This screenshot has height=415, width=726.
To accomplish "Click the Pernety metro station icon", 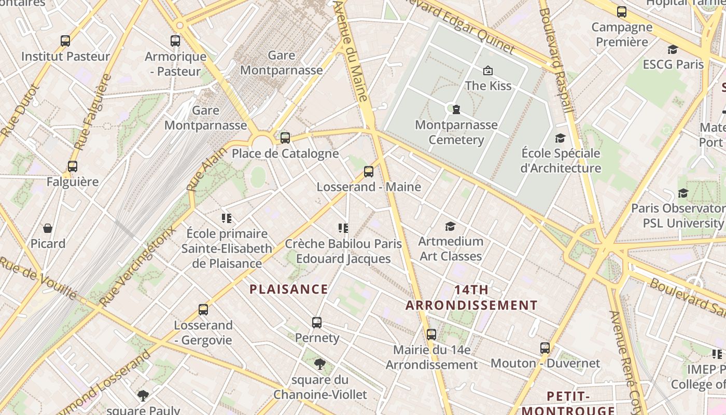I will pos(317,322).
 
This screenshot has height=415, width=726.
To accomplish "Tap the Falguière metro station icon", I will pos(73,167).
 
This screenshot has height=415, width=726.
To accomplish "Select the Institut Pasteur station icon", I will pos(65,40).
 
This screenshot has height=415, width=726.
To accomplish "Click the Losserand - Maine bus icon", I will pos(369,171).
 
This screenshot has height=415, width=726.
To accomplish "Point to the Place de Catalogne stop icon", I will pos(285,137).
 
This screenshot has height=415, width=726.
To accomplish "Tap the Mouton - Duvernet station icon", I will pos(545,348).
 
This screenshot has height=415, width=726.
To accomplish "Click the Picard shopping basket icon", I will pos(48,228).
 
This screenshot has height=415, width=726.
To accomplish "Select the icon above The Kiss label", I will pos(487,70).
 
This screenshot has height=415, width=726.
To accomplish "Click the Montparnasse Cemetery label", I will pos(456,132).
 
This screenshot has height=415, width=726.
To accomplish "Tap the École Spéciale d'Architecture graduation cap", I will pos(561,137).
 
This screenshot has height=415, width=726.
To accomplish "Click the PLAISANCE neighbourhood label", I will pos(289,289).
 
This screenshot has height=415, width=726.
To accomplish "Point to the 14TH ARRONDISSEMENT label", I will pos(471,297).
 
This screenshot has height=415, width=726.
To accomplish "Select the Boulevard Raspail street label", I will pos(556,57).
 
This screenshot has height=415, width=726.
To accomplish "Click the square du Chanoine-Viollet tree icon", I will pos(320,364).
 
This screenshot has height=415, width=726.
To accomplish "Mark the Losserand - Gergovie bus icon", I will pos(203,310).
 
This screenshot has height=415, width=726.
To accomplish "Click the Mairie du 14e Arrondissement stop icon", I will pos(431,334).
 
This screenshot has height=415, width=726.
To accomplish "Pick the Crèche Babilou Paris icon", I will pos(343,228).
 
